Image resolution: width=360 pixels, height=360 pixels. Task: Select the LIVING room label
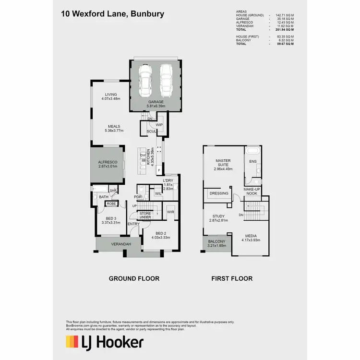tap(111, 95)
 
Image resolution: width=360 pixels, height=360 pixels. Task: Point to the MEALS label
tap(114, 127)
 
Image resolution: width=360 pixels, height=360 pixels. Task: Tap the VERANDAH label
tap(121, 244)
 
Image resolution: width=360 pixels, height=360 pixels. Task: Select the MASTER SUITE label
tap(223, 163)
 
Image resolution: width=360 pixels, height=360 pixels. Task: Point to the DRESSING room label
tap(218, 193)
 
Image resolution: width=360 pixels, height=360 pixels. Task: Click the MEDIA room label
tap(250, 237)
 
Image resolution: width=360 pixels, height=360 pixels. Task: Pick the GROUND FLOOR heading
tap(134, 278)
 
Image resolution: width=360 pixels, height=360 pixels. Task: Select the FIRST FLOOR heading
tap(232, 278)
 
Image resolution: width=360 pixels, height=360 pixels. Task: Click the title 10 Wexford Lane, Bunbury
tap(112, 14)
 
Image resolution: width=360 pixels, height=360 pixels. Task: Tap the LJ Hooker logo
tap(104, 342)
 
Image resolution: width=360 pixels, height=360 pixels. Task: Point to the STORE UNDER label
tap(145, 216)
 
